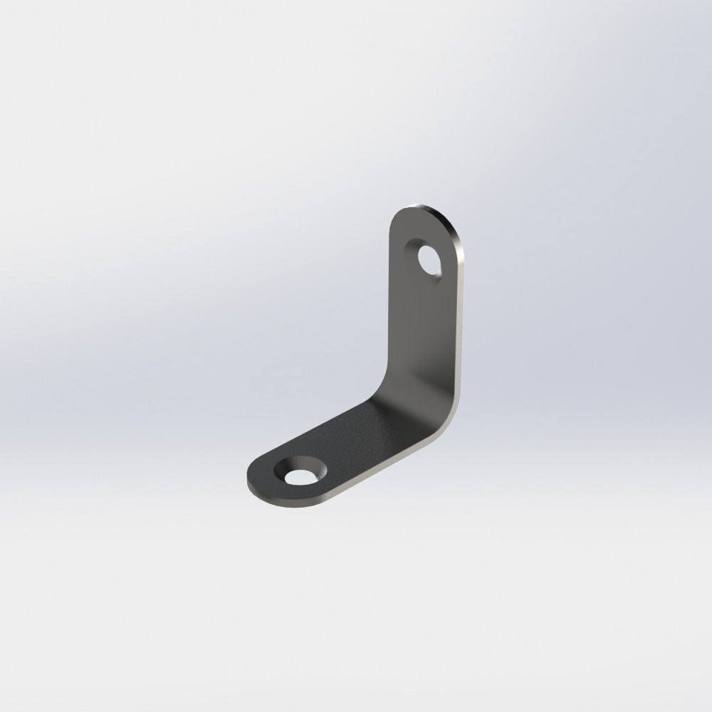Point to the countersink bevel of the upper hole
point(419,251)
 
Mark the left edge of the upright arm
point(389,299)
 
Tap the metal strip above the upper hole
point(427,228)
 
